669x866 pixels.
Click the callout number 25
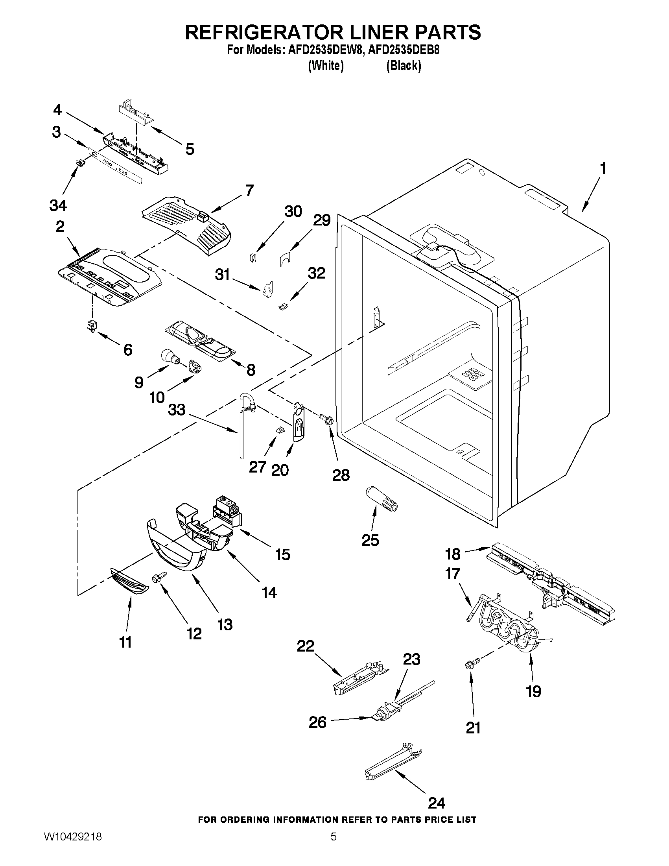tap(370, 540)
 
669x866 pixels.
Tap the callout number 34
tap(58, 205)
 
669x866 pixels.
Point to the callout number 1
tap(603, 169)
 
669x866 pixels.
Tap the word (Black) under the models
tap(404, 66)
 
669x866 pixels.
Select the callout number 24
tap(436, 803)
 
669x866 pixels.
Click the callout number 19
tap(533, 691)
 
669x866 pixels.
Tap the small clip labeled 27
tap(280, 429)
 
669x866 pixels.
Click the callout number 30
tap(293, 212)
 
